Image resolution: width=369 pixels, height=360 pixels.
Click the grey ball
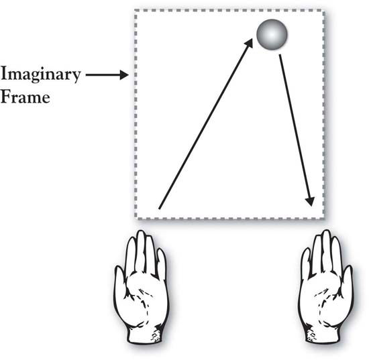(272, 34)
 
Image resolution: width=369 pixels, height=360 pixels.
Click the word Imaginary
(40, 74)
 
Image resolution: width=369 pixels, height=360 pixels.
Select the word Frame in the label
(25, 97)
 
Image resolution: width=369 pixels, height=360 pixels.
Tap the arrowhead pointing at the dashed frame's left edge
(124, 75)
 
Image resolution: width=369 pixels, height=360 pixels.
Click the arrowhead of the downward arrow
(311, 202)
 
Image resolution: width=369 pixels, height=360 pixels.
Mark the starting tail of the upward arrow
(159, 208)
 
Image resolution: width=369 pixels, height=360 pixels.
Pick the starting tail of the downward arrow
(280, 56)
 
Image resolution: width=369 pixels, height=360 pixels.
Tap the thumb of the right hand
(348, 280)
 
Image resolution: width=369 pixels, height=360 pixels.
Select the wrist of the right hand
(322, 335)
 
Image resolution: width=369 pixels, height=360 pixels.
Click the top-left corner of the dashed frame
(136, 10)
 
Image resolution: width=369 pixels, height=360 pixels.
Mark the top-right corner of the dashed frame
(324, 11)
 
